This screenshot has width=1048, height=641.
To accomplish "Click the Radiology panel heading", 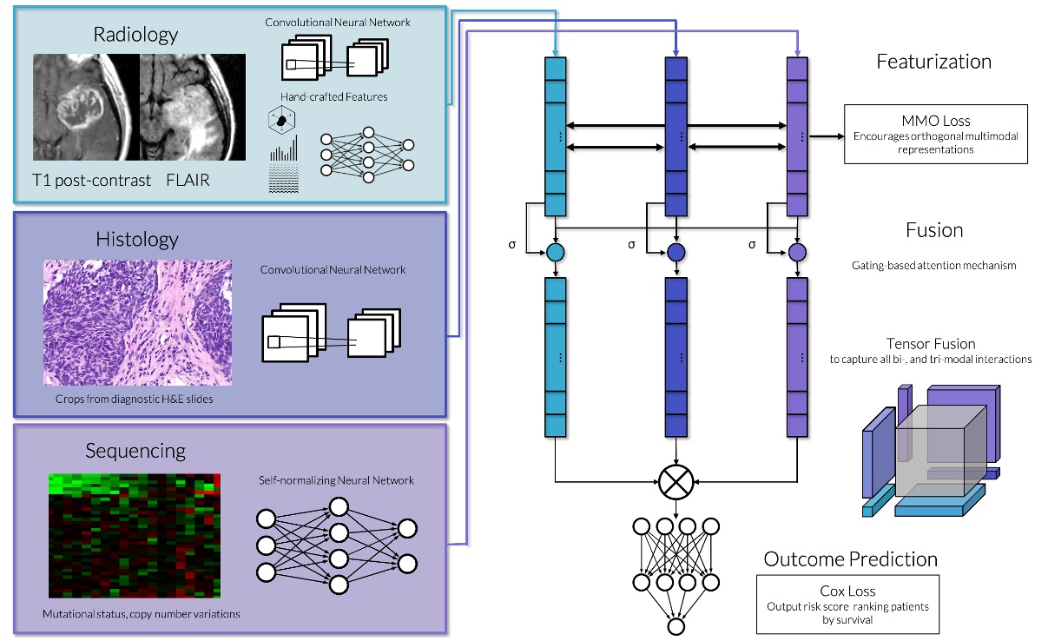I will click(x=135, y=35).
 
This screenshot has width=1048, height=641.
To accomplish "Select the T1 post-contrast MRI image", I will click(x=86, y=107).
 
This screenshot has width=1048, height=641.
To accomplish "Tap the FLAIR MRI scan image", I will click(x=193, y=107).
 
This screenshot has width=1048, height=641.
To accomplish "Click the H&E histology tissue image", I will click(x=137, y=322).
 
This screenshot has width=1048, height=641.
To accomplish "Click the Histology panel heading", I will click(x=135, y=239).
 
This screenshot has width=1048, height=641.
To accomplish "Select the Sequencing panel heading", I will click(x=135, y=451).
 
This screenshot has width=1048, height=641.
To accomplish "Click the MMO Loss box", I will click(x=935, y=134).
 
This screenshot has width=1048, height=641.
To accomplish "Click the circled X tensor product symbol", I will click(x=676, y=480).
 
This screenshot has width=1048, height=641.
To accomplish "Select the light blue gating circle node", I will click(x=555, y=253).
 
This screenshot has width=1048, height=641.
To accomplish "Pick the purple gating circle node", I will click(x=796, y=253).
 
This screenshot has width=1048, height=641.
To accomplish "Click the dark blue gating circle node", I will click(x=676, y=253).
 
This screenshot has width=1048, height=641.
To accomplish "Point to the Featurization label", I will click(x=933, y=62).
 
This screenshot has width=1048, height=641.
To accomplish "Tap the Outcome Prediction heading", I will click(x=850, y=558).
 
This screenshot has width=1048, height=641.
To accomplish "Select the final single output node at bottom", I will click(x=676, y=625).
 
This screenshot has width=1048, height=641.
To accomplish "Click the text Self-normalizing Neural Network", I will click(x=336, y=480).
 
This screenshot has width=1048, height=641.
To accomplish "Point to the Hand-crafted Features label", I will click(x=333, y=96).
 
